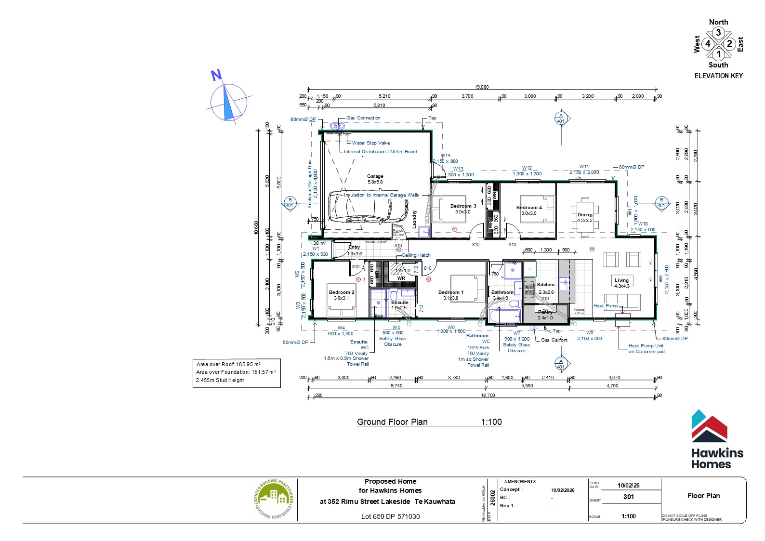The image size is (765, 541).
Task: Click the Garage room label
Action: [x=375, y=176]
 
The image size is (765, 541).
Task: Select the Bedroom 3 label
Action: [x=463, y=206]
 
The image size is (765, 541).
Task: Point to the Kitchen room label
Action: [x=546, y=285]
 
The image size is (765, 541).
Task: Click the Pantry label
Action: [x=545, y=312]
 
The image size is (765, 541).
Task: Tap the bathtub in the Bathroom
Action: [x=505, y=317]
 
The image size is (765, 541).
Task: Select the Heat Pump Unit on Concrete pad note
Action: [x=646, y=348]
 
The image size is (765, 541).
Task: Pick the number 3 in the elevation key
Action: [x=718, y=33]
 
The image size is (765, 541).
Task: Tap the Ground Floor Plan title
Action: [x=392, y=422]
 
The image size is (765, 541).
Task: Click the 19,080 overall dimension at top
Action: [x=481, y=87]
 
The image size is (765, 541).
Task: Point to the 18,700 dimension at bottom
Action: [x=488, y=396]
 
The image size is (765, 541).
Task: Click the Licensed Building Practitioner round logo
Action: [x=273, y=499]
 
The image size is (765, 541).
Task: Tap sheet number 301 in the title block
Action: [x=628, y=497]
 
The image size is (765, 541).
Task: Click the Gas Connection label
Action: [x=363, y=118]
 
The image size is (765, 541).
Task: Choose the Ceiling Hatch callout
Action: [x=416, y=255]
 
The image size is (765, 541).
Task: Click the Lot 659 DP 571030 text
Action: [x=390, y=516]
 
